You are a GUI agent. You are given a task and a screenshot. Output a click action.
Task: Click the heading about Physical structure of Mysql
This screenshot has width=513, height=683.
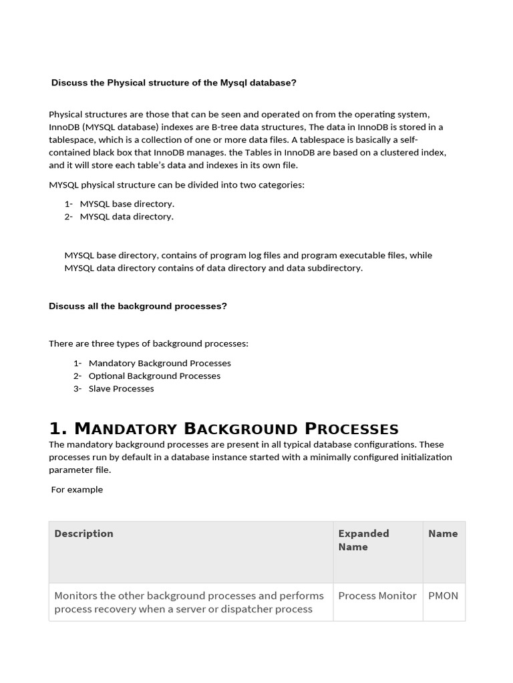174,83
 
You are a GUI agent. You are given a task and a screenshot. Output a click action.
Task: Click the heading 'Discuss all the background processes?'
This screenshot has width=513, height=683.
138,306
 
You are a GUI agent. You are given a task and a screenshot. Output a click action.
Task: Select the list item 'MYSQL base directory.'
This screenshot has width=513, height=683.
127,204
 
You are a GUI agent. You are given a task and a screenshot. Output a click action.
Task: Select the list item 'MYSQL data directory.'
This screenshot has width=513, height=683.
126,217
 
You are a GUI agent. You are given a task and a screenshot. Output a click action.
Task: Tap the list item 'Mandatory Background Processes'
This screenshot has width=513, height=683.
160,364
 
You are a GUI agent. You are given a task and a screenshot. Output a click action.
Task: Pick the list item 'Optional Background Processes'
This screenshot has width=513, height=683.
154,376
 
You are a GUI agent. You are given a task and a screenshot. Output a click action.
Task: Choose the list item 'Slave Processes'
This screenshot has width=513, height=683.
121,389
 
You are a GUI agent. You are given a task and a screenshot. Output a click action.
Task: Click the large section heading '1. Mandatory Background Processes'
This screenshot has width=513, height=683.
224,428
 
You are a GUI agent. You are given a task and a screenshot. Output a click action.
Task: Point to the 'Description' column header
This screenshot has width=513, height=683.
83,534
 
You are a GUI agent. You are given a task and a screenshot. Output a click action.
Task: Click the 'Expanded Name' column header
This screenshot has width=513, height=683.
363,540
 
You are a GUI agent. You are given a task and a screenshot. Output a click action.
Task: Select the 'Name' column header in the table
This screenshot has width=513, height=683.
443,534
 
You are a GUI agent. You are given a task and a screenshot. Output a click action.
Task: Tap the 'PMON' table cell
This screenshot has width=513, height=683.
443,596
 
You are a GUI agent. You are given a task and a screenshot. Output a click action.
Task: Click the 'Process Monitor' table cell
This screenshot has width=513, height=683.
377,596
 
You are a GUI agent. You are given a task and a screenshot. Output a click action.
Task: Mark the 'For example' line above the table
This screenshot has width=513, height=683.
77,490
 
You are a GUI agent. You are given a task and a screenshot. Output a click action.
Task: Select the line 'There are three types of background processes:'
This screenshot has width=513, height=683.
148,344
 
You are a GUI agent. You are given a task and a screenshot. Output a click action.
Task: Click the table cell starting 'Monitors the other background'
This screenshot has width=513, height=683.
189,602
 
